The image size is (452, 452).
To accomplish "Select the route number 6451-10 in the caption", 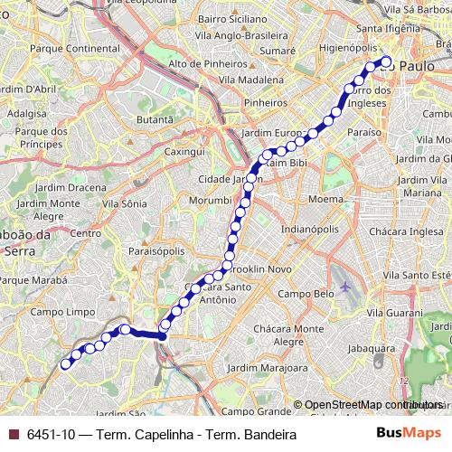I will (x=52, y=435).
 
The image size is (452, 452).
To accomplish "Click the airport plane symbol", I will (x=345, y=287).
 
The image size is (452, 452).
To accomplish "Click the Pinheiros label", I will (x=265, y=103).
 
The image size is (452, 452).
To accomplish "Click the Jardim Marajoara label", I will (x=268, y=368).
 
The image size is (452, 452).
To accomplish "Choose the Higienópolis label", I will (x=355, y=49).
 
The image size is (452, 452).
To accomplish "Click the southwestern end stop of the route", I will (x=65, y=364).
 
